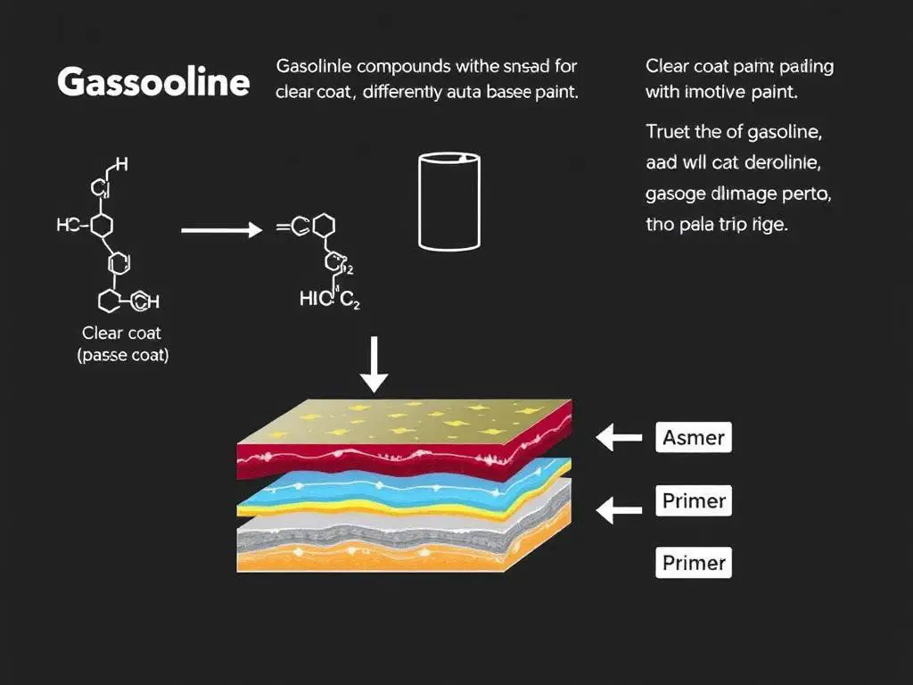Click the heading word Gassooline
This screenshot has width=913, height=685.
coord(152,82)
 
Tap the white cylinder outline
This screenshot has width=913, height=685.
coord(449,201)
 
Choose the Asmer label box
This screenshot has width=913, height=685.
coord(694,438)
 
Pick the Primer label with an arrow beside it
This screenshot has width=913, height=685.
coord(694,500)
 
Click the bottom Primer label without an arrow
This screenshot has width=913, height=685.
coord(694,563)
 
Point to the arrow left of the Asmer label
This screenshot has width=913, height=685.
coord(619,438)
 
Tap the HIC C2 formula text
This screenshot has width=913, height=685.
coord(330,301)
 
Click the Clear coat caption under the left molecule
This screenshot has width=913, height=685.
coord(121,333)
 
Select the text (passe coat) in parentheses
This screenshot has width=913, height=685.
coord(121,355)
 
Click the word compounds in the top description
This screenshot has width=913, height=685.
coord(392,66)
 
